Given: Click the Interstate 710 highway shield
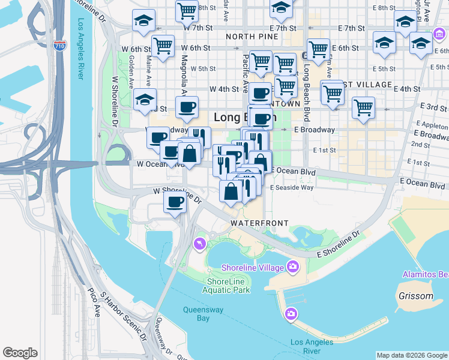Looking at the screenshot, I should [x=59, y=46].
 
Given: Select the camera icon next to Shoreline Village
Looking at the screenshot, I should [x=292, y=266].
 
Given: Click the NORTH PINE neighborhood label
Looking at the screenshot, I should [x=253, y=37].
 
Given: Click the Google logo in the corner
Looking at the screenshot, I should [x=20, y=353].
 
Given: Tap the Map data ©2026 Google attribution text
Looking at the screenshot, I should [x=411, y=355].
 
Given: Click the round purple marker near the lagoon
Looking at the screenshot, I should [x=199, y=243].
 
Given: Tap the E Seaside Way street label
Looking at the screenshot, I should [x=292, y=188].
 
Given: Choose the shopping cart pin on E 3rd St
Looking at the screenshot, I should [x=363, y=108].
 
